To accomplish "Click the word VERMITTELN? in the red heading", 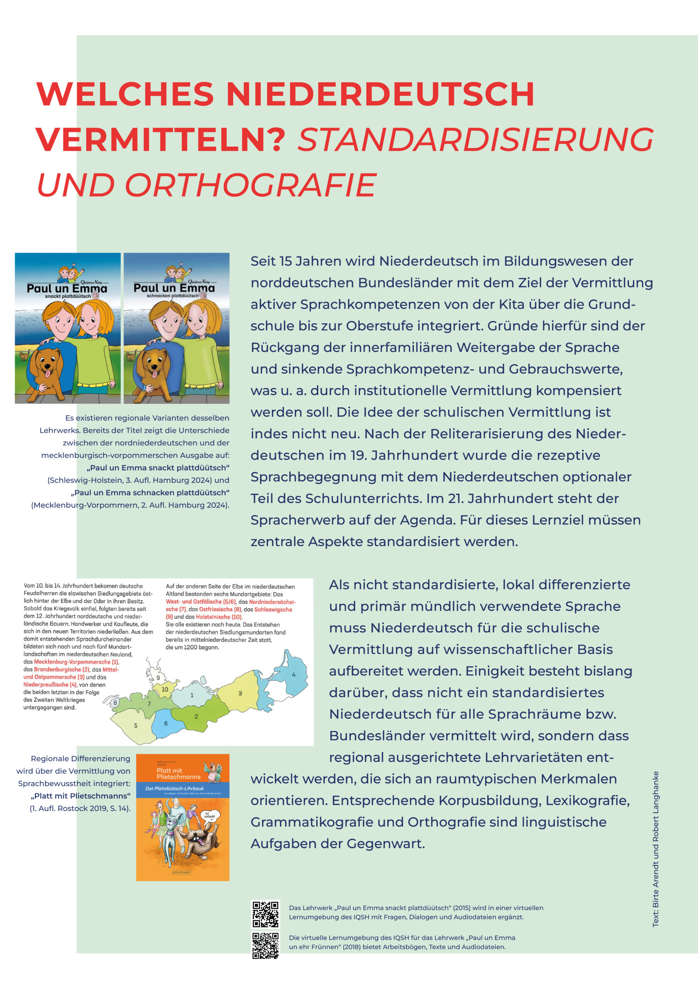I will coord(161,139).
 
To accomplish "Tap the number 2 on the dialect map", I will coord(196,716).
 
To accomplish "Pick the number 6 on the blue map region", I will coord(166,723).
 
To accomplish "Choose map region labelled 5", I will coord(136,726).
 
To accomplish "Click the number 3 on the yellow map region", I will coord(240,693).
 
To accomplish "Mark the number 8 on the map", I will coord(115,703).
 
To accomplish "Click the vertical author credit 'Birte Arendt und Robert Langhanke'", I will coord(656,849).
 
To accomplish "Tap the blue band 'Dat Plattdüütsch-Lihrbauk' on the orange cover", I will coord(183,789).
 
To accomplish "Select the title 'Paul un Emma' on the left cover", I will coord(67,288).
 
